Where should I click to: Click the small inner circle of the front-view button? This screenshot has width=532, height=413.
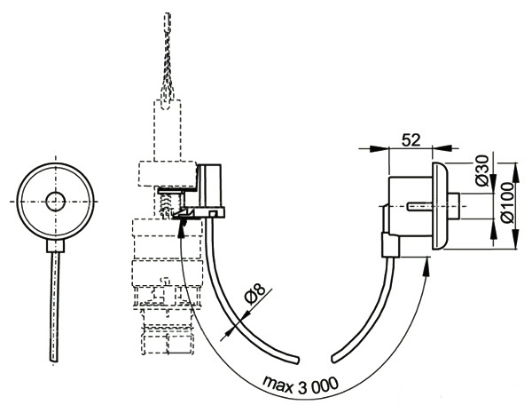56,201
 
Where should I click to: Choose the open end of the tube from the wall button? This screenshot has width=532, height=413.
337,359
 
